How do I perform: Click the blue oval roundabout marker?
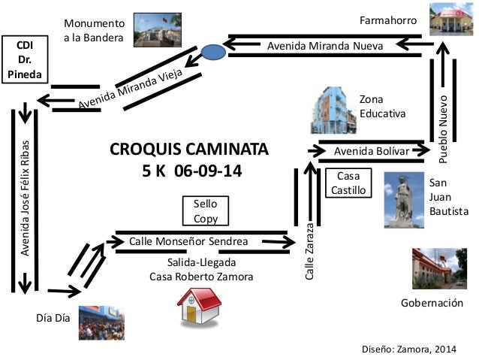pos(212,52)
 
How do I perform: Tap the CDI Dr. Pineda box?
pos(26,59)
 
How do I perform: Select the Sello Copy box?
pos(206,211)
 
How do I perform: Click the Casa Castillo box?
pos(348,183)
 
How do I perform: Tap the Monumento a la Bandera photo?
pos(158,31)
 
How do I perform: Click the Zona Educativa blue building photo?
pos(331,110)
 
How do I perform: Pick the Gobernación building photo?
pos(435,268)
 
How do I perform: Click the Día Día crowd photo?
pos(101,322)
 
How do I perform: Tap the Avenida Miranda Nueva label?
pos(325,47)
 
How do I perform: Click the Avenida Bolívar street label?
pos(372,152)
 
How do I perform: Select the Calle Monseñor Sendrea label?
pos(194,241)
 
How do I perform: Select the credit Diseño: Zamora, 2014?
pos(408,349)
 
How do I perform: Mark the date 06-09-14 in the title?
pos(208,171)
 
